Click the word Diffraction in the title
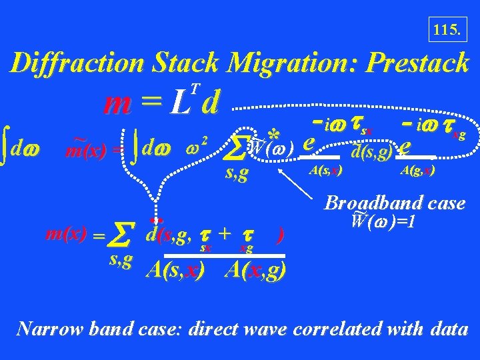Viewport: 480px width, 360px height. (78, 63)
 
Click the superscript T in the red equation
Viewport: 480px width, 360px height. (194, 87)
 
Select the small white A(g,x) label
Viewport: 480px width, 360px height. (417, 171)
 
